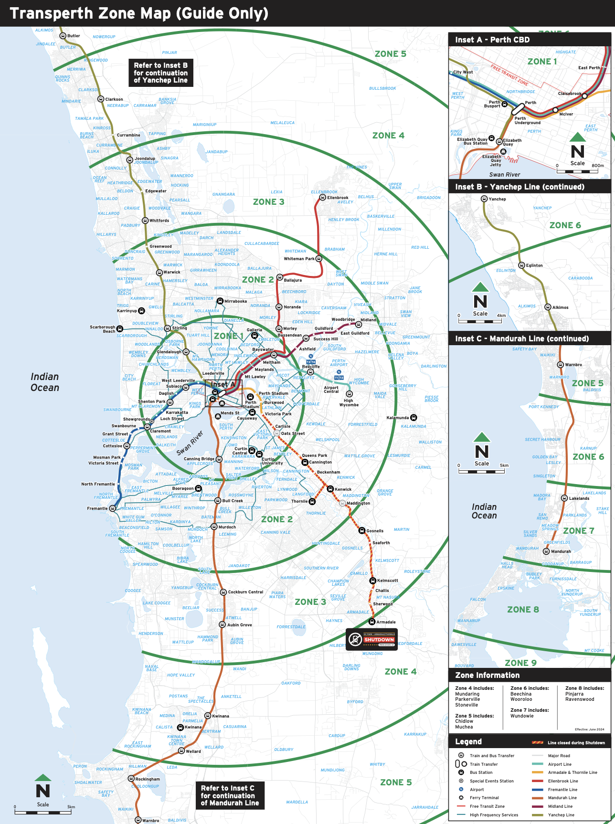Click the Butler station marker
[62, 36]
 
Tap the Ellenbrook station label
[338, 198]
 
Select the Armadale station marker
[372, 622]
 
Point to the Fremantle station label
[97, 508]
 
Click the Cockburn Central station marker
[223, 592]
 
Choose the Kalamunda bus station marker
[414, 418]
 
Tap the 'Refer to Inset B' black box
[160, 73]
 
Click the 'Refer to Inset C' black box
[230, 795]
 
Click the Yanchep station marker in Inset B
[484, 199]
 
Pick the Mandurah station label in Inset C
[561, 551]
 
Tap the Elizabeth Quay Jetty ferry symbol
[503, 152]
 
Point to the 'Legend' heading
[468, 741]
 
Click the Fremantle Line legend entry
[562, 790]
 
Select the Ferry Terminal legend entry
[484, 798]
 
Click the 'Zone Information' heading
[487, 675]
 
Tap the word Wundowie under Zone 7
[522, 716]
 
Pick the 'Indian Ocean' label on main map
[45, 382]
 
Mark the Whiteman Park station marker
[319, 259]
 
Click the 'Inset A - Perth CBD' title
[492, 40]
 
